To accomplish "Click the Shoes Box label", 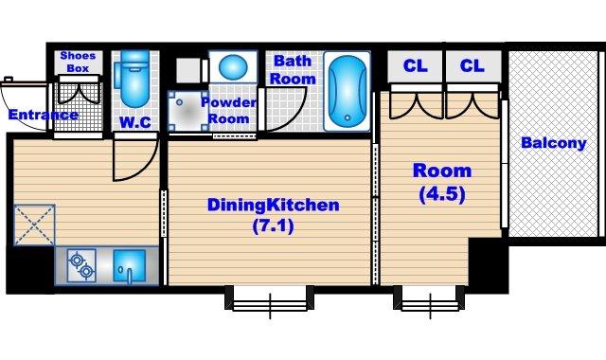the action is tap(78, 62).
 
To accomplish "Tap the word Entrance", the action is tap(43, 115).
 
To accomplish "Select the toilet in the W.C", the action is tap(134, 79).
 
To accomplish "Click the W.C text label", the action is tap(135, 122).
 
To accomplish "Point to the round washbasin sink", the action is tap(233, 67).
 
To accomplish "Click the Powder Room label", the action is tap(229, 110).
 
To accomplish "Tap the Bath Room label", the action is tap(293, 69).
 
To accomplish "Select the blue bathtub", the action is tap(348, 91).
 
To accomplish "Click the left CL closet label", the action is tap(416, 65).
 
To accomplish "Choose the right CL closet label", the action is tap(472, 65).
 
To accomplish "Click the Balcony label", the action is tap(554, 143).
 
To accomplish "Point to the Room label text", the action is tap(442, 171).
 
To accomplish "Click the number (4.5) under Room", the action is tap(442, 194).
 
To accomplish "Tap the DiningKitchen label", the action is tap(274, 205).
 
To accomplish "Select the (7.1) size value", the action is tap(274, 225).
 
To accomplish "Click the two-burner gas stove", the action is tap(81, 265).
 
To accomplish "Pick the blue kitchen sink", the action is tap(130, 265).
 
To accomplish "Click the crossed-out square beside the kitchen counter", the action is tap(34, 225).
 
